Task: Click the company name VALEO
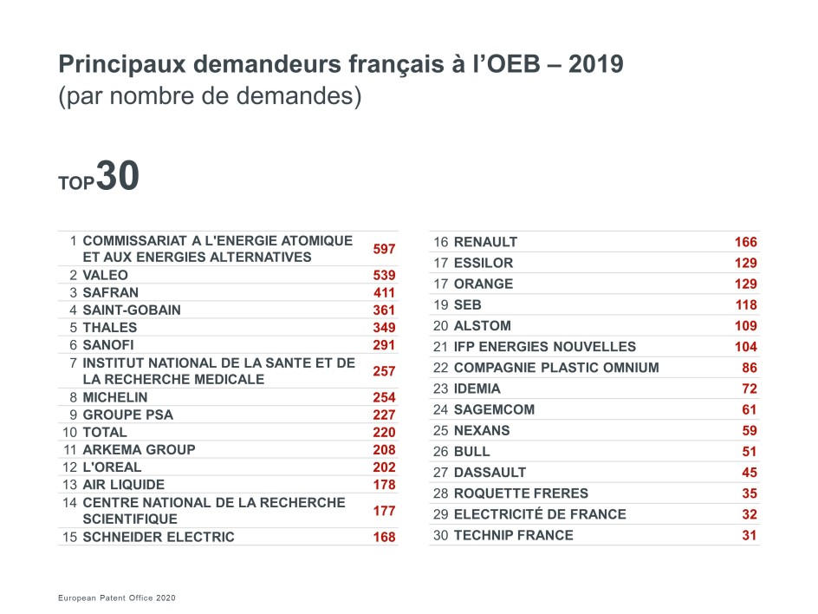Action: (x=105, y=275)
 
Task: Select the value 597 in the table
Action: (x=384, y=249)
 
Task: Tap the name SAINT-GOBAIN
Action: (x=132, y=310)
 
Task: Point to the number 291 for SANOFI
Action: (x=384, y=345)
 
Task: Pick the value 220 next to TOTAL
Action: (x=384, y=432)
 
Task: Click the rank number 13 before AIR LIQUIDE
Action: (x=70, y=484)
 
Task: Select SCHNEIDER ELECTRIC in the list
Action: (x=159, y=537)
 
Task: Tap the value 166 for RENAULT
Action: (x=745, y=242)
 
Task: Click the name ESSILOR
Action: (x=484, y=263)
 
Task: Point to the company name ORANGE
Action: (x=484, y=284)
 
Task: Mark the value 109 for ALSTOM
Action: (x=745, y=326)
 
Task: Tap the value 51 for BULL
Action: (x=749, y=452)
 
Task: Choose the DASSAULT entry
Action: (x=490, y=473)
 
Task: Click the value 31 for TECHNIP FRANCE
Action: (x=749, y=535)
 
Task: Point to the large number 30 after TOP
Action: (x=117, y=176)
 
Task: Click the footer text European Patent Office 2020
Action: (x=117, y=598)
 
